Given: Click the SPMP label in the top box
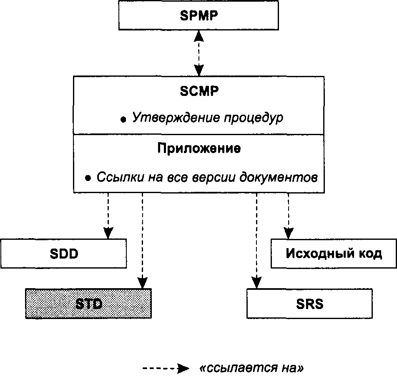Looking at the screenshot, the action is (x=199, y=15).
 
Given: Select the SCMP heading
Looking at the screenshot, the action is (x=199, y=91).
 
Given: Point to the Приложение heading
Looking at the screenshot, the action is (x=199, y=148).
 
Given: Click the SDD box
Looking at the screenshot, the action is (x=63, y=254).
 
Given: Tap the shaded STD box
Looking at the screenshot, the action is (x=88, y=303).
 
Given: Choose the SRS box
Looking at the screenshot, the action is (x=309, y=303).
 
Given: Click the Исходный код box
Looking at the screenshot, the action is (x=334, y=254).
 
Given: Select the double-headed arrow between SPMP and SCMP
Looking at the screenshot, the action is (x=199, y=53).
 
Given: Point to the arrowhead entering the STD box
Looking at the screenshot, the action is (x=143, y=283).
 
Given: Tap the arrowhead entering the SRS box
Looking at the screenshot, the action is (x=256, y=283).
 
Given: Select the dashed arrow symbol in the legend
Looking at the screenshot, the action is (x=166, y=368).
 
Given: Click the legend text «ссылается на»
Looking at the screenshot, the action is (x=251, y=368).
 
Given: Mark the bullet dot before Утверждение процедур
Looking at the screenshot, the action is (x=123, y=120).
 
